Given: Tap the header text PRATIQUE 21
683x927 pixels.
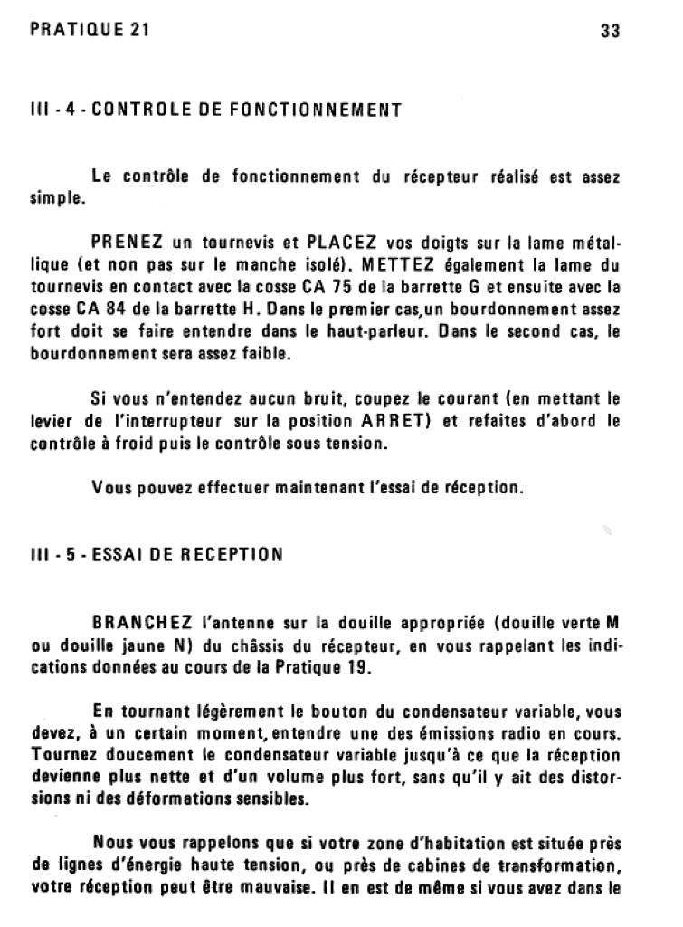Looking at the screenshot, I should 89,29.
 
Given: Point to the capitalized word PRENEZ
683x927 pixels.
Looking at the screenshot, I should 128,243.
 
